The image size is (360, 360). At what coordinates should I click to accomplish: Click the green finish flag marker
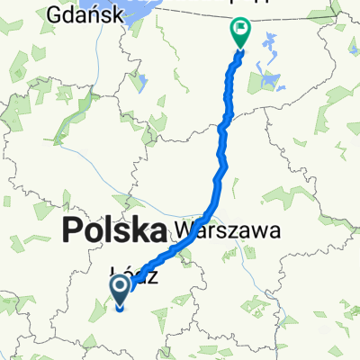coord(240,32)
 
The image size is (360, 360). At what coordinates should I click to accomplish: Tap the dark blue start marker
coord(120,291)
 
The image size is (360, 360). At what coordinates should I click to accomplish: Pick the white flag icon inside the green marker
coord(240,30)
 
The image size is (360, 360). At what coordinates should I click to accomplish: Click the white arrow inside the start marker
coord(120,288)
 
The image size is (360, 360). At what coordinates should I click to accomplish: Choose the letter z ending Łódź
coord(157,278)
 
